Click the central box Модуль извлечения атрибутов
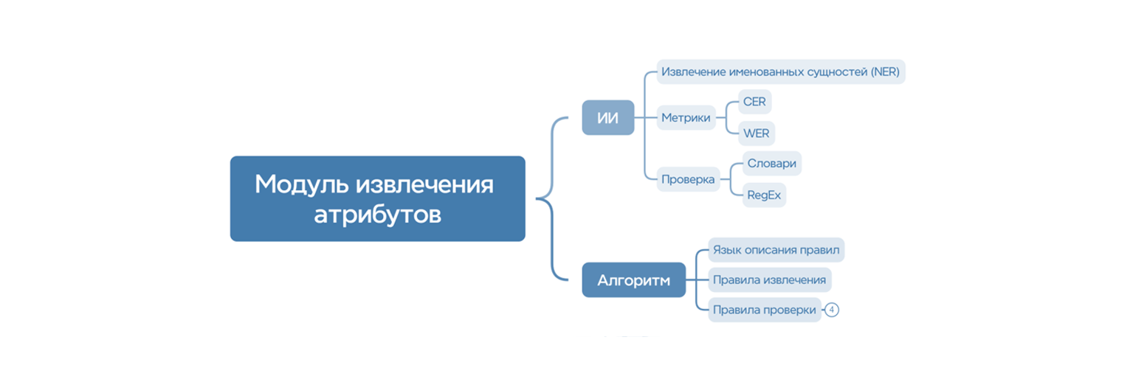pyautogui.click(x=377, y=198)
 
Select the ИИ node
pyautogui.click(x=608, y=118)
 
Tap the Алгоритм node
pyautogui.click(x=634, y=280)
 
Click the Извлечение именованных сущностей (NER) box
pyautogui.click(x=780, y=72)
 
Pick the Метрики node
pyautogui.click(x=686, y=118)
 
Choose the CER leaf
pyautogui.click(x=754, y=102)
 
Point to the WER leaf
pyautogui.click(x=756, y=133)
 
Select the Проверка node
pyautogui.click(x=688, y=179)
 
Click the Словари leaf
pyautogui.click(x=772, y=163)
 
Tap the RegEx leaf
pyautogui.click(x=764, y=195)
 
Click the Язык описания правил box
pyautogui.click(x=776, y=249)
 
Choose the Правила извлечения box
pyautogui.click(x=769, y=280)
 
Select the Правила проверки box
pyautogui.click(x=764, y=310)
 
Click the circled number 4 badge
pyautogui.click(x=832, y=310)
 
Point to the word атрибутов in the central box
pyautogui.click(x=377, y=215)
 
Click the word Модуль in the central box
pyautogui.click(x=302, y=184)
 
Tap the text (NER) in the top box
pyautogui.click(x=885, y=72)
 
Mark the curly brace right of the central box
pyautogui.click(x=551, y=198)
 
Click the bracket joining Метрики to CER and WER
pyautogui.click(x=726, y=118)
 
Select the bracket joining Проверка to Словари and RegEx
pyautogui.click(x=731, y=179)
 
